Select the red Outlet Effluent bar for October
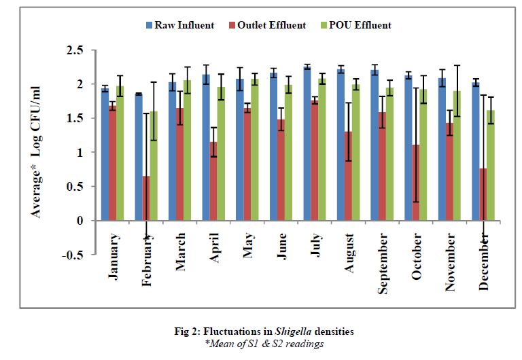tap(415, 183)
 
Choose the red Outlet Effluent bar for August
tap(348, 176)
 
